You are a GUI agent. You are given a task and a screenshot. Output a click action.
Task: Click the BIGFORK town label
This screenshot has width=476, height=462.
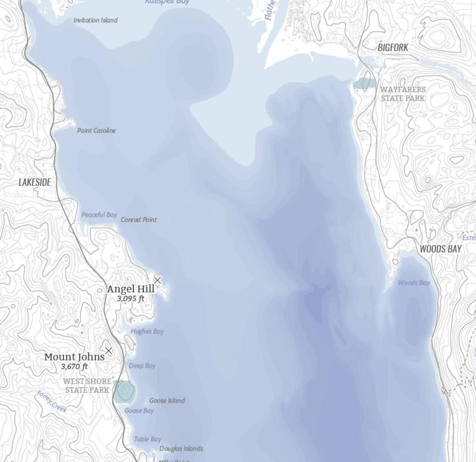pos(393,47)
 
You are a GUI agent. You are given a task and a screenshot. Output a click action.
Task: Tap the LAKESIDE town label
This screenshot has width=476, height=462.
pos(34,182)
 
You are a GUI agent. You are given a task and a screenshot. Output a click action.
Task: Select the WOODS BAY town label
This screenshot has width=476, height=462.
pos(440,249)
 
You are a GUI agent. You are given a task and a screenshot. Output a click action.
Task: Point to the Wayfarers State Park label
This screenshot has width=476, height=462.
pos(403,94)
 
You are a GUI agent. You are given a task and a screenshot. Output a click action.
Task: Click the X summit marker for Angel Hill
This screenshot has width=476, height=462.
pos(157,280)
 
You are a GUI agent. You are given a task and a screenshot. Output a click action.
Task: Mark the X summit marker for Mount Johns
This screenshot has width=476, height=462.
pos(109,350)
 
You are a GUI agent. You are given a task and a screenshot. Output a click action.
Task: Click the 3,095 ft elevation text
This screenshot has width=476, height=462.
pos(131,298)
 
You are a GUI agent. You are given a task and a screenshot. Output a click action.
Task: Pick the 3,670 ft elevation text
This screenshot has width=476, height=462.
pos(74,366)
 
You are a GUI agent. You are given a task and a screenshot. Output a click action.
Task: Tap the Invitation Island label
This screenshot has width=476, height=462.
pos(95,20)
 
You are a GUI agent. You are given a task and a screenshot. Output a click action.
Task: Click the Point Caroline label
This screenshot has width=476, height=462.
pos(96,130)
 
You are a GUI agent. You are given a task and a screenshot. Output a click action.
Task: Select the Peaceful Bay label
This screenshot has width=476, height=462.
pos(99,215)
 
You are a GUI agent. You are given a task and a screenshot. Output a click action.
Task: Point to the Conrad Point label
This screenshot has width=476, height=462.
pos(138,220)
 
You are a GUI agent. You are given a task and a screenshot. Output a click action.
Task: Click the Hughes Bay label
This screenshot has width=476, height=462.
pos(147,331)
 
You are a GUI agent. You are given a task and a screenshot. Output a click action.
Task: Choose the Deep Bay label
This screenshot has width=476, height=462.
pos(142,366)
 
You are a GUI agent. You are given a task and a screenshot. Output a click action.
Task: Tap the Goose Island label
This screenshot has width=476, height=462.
pos(167,400)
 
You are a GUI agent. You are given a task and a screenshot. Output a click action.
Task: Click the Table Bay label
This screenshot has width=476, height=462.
pos(147,439)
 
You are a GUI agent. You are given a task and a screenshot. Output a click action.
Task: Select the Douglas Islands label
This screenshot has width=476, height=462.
pos(181,448)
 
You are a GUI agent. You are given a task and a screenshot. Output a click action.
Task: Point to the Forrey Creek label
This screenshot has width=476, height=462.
pos(52,401)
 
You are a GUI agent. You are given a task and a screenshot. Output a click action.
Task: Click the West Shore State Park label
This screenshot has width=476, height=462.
pos(87,385)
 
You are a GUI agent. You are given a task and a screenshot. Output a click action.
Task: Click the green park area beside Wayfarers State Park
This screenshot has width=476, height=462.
pos(364,83)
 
